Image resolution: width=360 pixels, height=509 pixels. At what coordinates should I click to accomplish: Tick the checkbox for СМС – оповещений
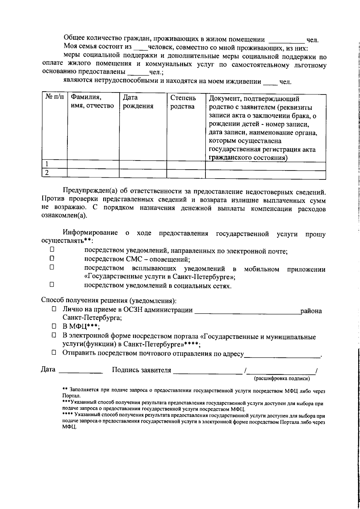coord(52,258)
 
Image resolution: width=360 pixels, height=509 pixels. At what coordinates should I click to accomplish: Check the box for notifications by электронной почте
coord(52,249)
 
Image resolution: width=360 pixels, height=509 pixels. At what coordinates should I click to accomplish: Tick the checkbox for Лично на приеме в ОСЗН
coord(54,309)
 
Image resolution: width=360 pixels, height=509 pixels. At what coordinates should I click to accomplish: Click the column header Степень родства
coord(183,102)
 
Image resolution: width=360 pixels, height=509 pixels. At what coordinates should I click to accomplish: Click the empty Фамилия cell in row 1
coord(93,164)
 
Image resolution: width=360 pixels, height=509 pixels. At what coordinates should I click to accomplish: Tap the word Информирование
coord(90,233)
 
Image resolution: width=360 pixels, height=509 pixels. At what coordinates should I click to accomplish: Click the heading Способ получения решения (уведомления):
coord(109,300)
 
